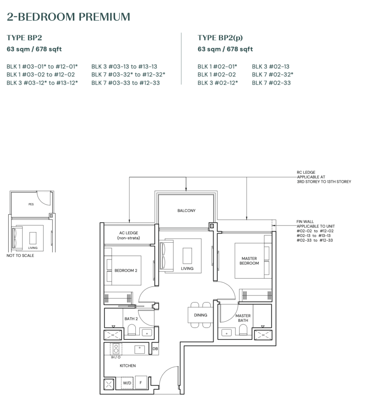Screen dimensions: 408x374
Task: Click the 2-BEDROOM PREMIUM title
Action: (69, 17)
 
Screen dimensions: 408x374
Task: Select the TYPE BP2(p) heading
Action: (220, 38)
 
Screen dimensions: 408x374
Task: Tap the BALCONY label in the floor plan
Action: (186, 211)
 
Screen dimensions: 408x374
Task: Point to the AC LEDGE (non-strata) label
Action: (128, 235)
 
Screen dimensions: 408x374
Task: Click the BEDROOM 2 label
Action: (126, 271)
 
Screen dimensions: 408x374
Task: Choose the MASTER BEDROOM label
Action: (250, 261)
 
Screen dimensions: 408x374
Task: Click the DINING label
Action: (201, 315)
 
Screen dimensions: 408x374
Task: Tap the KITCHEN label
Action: (127, 365)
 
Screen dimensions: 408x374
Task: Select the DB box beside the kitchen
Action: (155, 349)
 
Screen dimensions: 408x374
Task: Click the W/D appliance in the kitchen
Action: (127, 383)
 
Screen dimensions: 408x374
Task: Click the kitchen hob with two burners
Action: (116, 349)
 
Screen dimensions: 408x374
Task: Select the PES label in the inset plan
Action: (31, 204)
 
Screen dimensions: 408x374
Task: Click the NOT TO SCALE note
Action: (20, 255)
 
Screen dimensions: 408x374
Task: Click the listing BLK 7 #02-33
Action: (271, 83)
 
